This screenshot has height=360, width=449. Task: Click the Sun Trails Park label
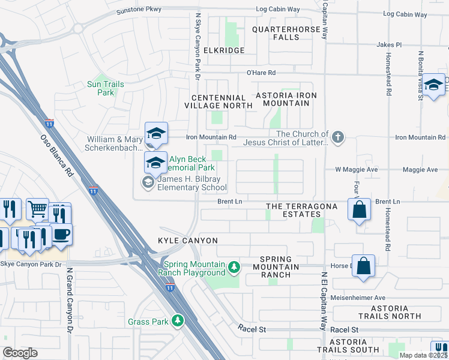106,88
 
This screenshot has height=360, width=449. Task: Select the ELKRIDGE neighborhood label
224,50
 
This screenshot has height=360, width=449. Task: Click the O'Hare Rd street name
261,73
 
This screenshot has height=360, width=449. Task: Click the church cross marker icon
338,137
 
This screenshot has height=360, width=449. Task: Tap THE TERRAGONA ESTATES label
302,210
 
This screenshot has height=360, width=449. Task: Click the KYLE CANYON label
188,241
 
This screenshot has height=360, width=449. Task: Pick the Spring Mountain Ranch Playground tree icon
235,266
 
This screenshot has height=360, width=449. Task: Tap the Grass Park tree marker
177,322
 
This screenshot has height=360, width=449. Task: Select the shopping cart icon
37,209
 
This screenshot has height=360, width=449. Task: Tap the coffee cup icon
61,234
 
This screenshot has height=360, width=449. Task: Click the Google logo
20,353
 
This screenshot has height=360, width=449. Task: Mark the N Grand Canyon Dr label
70,300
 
